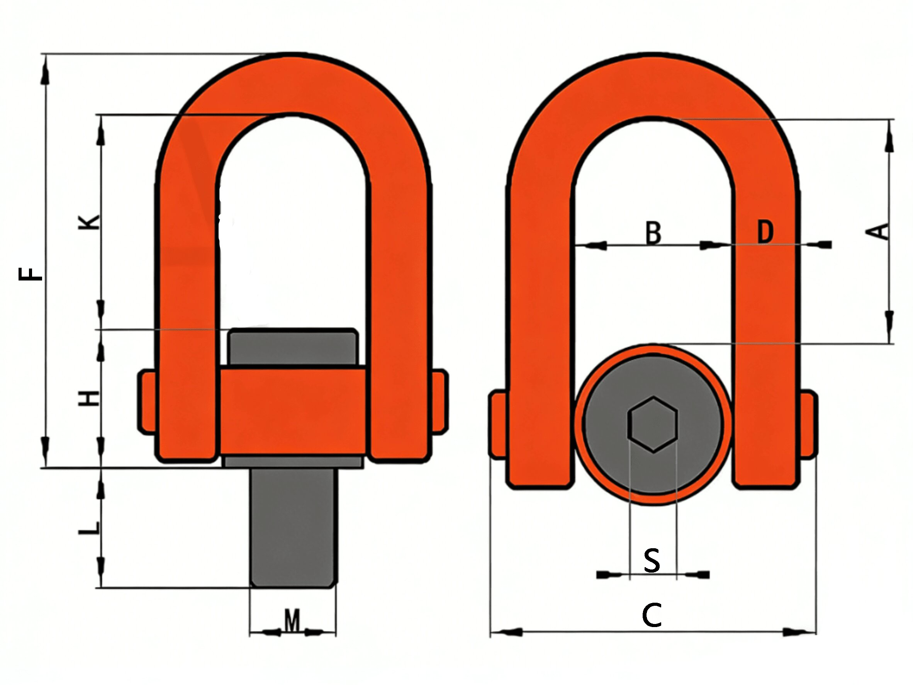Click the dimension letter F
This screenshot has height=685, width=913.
pos(31,274)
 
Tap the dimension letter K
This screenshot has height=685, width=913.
pos(89,222)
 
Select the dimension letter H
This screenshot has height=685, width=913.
pos(89,398)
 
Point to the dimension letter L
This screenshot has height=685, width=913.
pos(89,527)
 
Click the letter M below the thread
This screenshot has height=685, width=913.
pos(292,620)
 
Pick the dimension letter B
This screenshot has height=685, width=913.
pos(653,233)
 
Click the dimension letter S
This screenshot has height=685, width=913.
pos(652,560)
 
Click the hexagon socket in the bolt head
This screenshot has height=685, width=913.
pos(653,425)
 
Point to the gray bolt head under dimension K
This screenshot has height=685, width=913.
pos(293,347)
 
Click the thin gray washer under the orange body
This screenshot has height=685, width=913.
pos(294,461)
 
